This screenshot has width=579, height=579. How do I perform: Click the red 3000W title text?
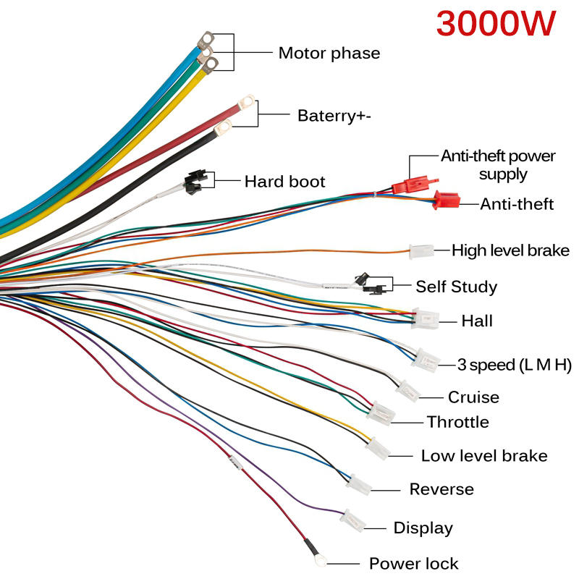[x=496, y=25]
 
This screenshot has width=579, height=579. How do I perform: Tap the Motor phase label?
[x=329, y=53]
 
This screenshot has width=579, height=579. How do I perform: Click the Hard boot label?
[x=284, y=181]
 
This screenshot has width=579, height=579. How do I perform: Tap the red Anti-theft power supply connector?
[x=407, y=185]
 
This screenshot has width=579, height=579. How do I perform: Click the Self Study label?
[x=456, y=287]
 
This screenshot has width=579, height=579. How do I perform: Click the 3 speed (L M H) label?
[x=515, y=364]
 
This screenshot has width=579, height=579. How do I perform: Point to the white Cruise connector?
[x=407, y=391]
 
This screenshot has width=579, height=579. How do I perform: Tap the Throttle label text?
[x=457, y=422]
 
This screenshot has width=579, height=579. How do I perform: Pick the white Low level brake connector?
[x=379, y=449]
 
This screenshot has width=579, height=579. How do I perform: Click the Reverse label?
[x=441, y=489]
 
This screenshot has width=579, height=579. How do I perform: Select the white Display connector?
[x=355, y=520]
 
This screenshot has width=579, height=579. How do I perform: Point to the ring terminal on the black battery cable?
[x=223, y=128]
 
